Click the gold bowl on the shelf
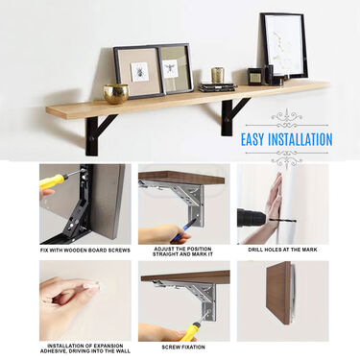click(116, 93)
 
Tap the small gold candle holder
click(217, 75)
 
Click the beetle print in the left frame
click(139, 72)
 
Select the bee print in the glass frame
click(171, 69)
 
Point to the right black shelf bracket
click(232, 116)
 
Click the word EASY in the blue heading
click(252, 140)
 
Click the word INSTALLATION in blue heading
click(300, 140)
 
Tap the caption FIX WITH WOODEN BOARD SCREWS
click(85, 251)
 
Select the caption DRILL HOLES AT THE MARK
click(282, 250)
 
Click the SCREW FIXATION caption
click(183, 347)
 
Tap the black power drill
click(252, 218)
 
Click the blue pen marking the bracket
click(182, 230)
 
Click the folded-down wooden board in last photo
click(278, 293)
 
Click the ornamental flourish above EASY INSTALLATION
click(286, 119)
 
